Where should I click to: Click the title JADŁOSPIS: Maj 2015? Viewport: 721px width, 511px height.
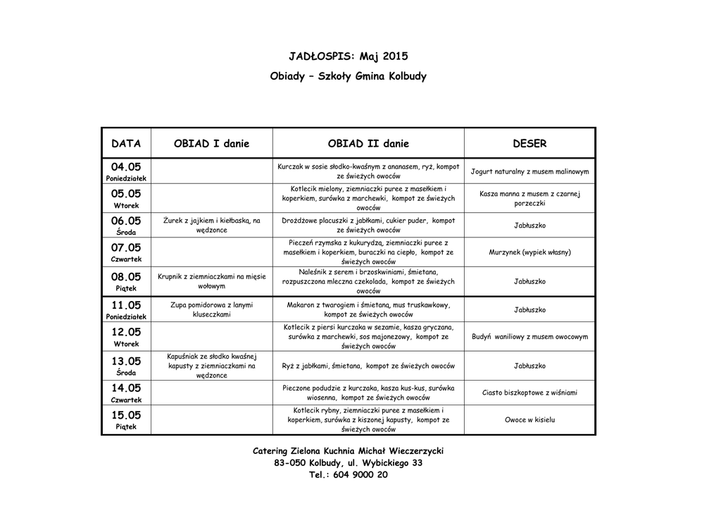(348, 56)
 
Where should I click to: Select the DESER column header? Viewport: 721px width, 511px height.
(529, 144)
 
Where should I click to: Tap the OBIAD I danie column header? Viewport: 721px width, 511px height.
(211, 144)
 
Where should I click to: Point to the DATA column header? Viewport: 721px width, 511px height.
(126, 144)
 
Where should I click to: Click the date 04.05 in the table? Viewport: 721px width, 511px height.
(126, 167)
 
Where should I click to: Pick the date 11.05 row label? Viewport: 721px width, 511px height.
(126, 305)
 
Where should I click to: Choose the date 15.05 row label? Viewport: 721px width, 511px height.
(126, 415)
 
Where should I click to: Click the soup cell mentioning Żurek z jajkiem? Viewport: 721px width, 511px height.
(211, 226)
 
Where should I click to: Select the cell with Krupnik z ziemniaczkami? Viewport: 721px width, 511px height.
(211, 281)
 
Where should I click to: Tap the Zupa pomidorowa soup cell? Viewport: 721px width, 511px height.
(211, 309)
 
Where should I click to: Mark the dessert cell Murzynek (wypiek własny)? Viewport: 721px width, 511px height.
(529, 252)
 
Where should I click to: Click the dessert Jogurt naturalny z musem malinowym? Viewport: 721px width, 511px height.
(529, 171)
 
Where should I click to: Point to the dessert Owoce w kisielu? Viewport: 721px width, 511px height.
(529, 420)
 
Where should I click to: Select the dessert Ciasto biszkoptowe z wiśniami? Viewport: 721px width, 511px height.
(529, 393)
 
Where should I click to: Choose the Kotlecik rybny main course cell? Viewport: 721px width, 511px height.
(368, 420)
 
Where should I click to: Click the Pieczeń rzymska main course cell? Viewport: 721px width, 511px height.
(368, 252)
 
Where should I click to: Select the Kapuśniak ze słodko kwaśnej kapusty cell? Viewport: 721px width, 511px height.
(211, 366)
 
